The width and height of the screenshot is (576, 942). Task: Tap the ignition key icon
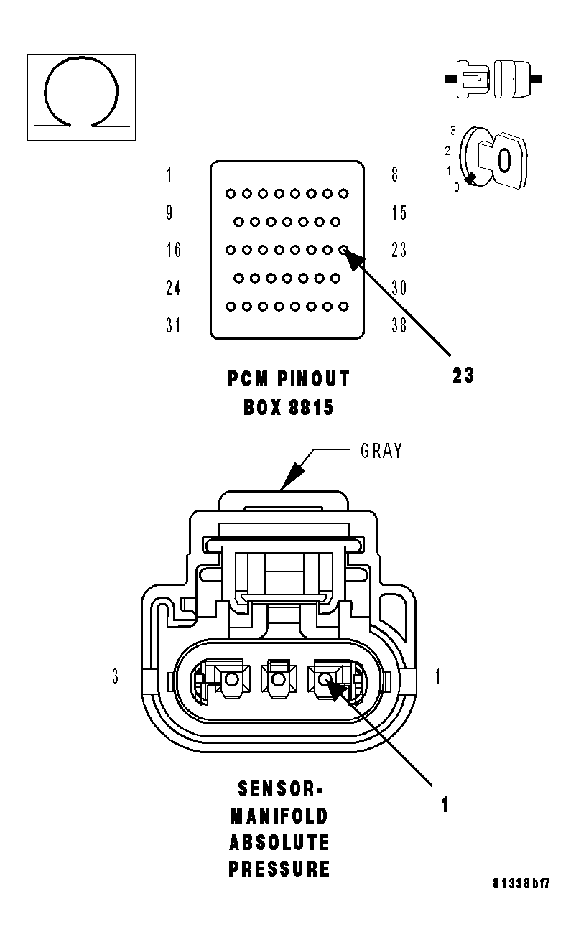click(x=493, y=158)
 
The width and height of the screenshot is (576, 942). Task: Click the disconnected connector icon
click(x=493, y=79)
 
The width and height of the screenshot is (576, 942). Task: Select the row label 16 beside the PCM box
click(x=173, y=250)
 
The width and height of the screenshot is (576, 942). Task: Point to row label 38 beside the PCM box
click(x=399, y=325)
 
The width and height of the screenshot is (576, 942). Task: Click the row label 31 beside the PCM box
click(x=173, y=325)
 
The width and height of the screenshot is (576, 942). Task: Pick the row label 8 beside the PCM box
click(x=395, y=174)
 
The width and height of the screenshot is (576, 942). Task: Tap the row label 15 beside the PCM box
click(x=399, y=213)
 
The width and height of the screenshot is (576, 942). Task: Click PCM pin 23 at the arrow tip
click(x=344, y=250)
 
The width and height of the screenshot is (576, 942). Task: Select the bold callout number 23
click(x=463, y=375)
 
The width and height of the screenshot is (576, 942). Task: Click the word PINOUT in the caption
click(x=313, y=379)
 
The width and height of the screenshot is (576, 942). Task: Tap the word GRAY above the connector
click(x=381, y=451)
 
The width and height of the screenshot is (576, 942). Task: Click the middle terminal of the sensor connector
click(x=278, y=678)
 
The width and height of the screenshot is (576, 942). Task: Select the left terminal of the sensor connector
click(x=231, y=678)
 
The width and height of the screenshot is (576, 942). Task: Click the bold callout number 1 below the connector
click(x=445, y=804)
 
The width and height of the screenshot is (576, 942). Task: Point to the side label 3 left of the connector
click(x=116, y=676)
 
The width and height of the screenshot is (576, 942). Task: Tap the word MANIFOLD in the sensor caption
click(x=279, y=816)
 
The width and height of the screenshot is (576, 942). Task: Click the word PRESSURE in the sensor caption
click(x=279, y=869)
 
